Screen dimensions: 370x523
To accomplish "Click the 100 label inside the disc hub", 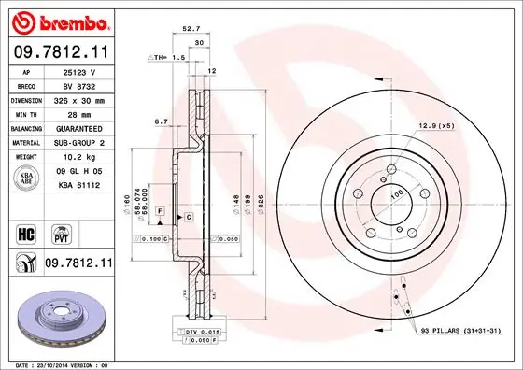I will (x=394, y=193).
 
